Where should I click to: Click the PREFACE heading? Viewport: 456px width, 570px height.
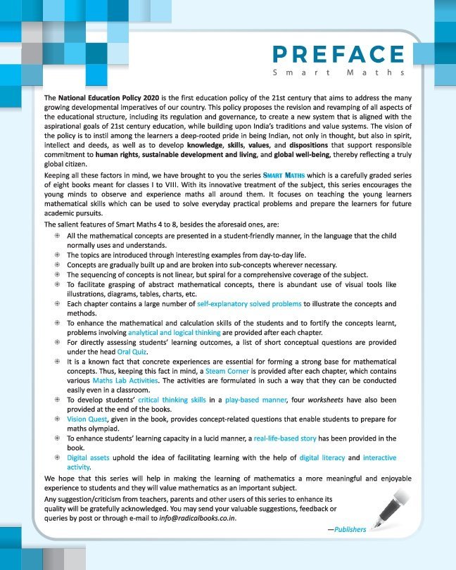point(337,56)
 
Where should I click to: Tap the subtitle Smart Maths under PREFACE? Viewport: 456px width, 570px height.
point(337,73)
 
